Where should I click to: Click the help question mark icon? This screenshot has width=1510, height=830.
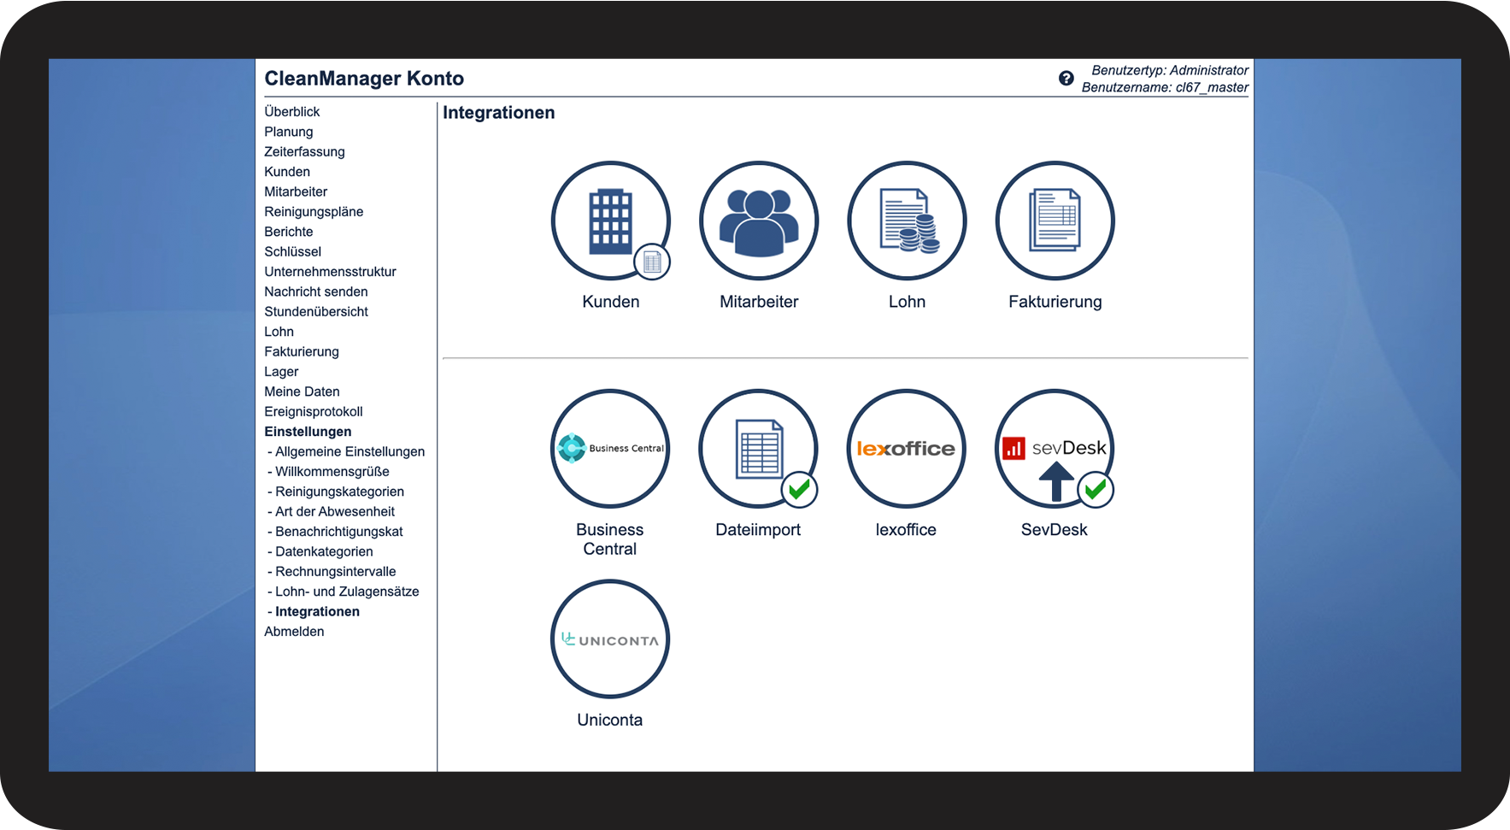click(x=1066, y=79)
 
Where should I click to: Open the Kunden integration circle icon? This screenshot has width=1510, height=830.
click(x=610, y=221)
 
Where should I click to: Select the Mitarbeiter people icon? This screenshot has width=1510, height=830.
click(x=759, y=221)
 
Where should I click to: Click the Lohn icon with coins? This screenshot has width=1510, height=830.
click(x=907, y=221)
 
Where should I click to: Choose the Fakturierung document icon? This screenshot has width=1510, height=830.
click(x=1055, y=221)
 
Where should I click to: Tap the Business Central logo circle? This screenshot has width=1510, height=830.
click(x=610, y=449)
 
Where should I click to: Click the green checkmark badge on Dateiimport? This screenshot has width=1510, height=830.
click(x=800, y=490)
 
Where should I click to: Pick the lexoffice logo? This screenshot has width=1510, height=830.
click(x=906, y=449)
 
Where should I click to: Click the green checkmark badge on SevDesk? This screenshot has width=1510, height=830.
click(x=1096, y=490)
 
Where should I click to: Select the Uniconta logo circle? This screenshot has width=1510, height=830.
click(x=610, y=639)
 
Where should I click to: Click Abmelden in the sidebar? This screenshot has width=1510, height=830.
click(x=294, y=632)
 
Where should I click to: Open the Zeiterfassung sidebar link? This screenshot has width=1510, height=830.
click(x=304, y=151)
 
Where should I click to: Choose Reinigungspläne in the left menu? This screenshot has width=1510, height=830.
click(x=314, y=212)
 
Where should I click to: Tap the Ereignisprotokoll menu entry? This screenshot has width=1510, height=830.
click(x=314, y=412)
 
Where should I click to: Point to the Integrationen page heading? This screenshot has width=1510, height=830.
click(x=499, y=113)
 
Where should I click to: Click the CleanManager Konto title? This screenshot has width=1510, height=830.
click(x=364, y=79)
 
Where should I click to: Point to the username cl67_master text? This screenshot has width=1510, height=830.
click(x=1212, y=87)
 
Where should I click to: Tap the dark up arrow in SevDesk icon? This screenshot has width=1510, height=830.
click(x=1056, y=481)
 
